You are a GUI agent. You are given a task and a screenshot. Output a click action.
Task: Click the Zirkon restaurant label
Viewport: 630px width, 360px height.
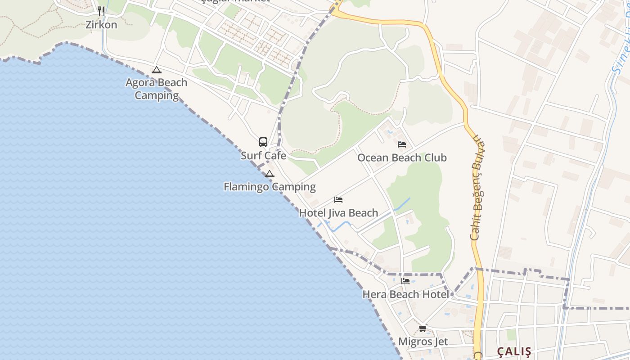[x=101, y=25]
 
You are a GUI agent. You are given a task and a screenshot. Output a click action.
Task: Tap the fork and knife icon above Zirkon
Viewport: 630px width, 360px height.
[x=101, y=11]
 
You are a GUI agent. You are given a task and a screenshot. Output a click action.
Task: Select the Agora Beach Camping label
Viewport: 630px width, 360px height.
[x=157, y=89]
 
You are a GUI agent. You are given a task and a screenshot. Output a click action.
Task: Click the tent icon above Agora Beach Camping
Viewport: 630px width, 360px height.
[x=156, y=70]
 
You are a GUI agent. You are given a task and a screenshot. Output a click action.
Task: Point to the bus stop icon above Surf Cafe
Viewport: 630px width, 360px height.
[x=263, y=142]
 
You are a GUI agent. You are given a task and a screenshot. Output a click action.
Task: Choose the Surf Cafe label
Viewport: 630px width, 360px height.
[x=263, y=156]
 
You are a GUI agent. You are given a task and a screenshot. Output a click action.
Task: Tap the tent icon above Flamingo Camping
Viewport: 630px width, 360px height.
[x=269, y=174]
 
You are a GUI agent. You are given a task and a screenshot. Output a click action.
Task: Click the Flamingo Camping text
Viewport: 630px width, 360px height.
[x=270, y=187]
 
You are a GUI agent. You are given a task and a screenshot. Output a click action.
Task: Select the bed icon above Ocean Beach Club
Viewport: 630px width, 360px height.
[x=402, y=144]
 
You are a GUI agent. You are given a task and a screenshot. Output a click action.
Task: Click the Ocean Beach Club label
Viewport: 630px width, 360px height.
[x=402, y=157]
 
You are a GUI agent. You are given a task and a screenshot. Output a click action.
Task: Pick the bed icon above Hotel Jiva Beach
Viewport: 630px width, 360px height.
[x=338, y=200]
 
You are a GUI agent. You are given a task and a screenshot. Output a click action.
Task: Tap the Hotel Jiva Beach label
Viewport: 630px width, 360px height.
[x=338, y=213]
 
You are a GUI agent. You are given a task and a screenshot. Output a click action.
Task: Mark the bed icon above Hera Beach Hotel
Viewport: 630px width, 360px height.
[x=405, y=281]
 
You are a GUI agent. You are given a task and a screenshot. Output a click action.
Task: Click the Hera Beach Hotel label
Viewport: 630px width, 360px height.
[x=405, y=295]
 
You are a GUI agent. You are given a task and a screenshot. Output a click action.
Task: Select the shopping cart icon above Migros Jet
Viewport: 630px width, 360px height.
[x=423, y=328]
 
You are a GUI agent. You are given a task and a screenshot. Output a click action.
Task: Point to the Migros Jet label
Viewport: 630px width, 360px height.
[x=423, y=342]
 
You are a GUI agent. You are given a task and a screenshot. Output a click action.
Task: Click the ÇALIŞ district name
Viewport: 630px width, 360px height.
[x=514, y=351]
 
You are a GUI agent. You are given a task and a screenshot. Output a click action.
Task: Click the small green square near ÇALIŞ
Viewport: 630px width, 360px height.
[x=511, y=334]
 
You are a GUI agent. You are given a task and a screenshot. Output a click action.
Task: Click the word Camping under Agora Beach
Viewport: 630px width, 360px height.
[x=157, y=95]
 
